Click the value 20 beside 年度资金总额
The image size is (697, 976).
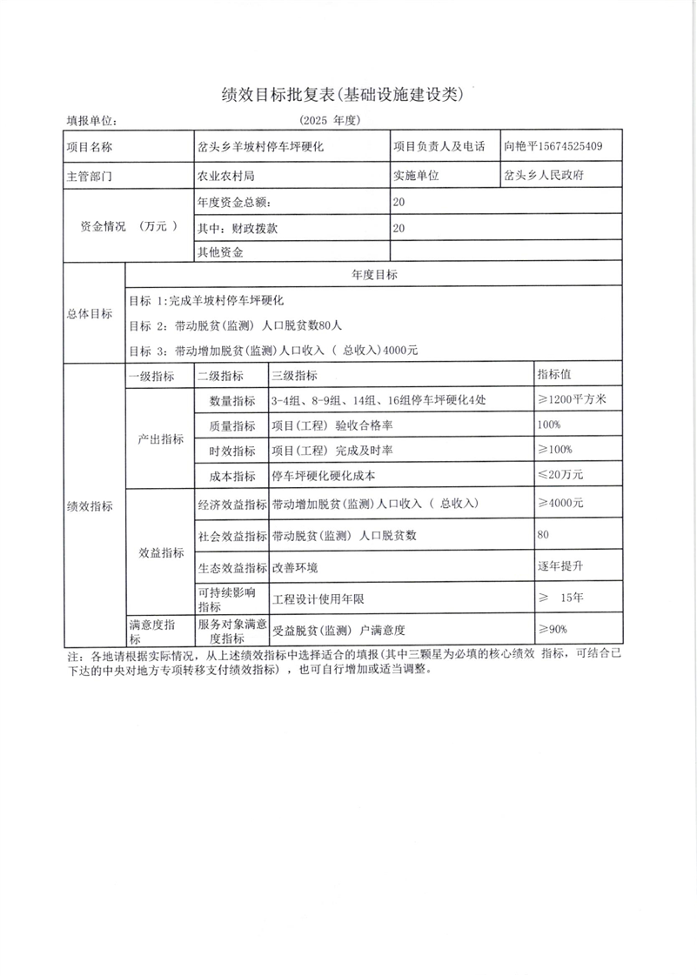click(x=399, y=202)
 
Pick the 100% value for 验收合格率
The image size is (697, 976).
click(x=550, y=424)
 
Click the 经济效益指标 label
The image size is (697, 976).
click(x=231, y=504)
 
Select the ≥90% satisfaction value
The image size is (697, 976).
click(x=553, y=629)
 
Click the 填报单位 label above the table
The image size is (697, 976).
click(x=91, y=121)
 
